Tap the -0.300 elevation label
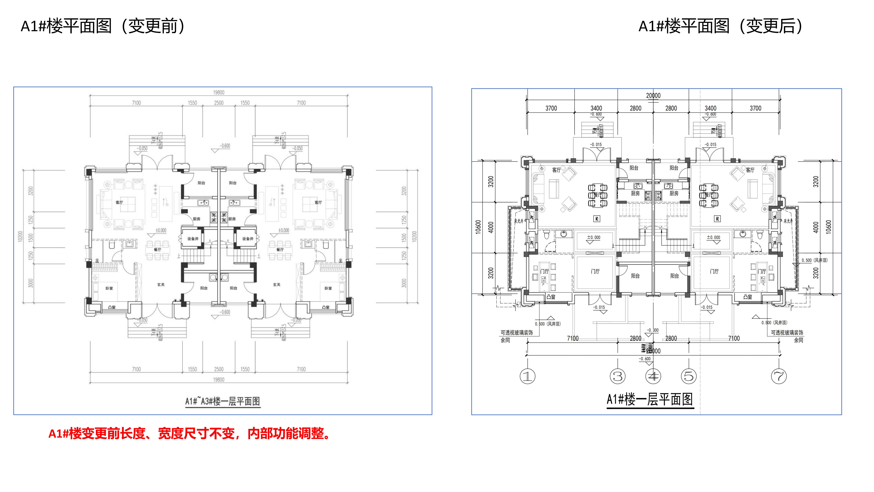tap(652, 330)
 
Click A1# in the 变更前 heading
tap(33, 26)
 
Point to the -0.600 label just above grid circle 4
tap(645, 359)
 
